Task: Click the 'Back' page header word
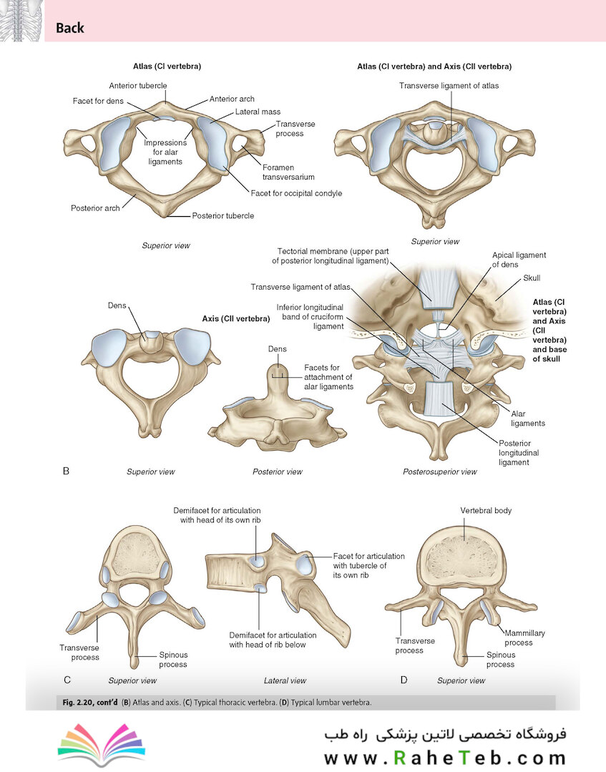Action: tap(70, 28)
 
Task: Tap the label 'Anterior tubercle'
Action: tap(138, 86)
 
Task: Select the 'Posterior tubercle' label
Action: tap(223, 215)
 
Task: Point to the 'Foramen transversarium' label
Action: tap(288, 172)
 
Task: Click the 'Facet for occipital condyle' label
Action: tap(296, 193)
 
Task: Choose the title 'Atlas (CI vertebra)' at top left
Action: tap(167, 67)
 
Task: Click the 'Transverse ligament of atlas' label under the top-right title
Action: tap(449, 86)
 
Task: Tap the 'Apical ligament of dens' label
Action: tap(519, 260)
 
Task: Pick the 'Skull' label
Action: tap(532, 278)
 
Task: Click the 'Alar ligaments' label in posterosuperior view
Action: tap(528, 419)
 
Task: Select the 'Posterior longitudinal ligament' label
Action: tap(519, 452)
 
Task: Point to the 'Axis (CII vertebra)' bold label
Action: tap(236, 318)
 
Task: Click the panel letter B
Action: tap(66, 471)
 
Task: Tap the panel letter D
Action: tap(404, 680)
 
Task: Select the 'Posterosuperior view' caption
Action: tap(439, 471)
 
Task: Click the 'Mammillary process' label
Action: tap(524, 637)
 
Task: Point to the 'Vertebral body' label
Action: tap(486, 511)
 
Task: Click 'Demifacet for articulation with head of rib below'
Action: tap(273, 640)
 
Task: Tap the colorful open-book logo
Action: tap(102, 744)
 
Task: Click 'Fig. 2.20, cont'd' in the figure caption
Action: tap(90, 702)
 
